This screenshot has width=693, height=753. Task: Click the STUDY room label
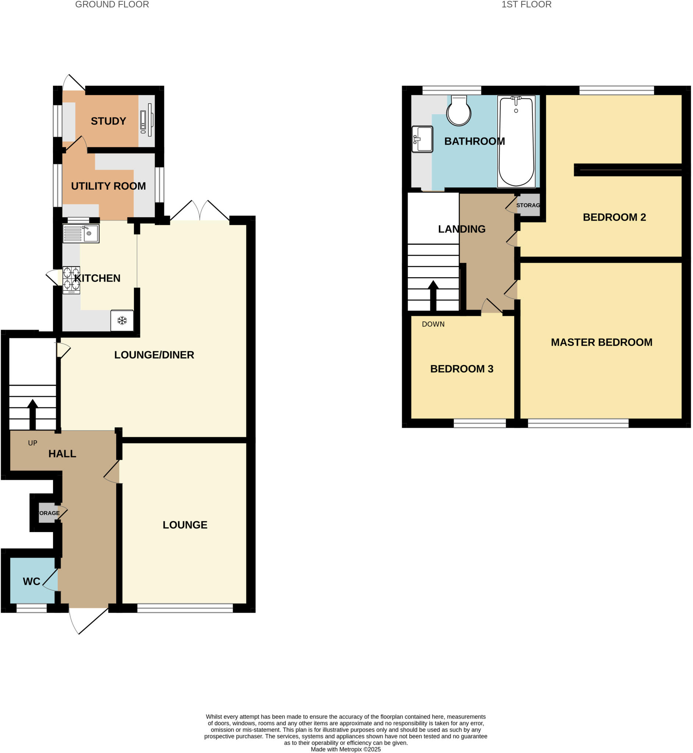(x=109, y=121)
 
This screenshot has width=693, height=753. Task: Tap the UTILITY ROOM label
(x=109, y=186)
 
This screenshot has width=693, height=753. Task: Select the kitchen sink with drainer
(x=81, y=233)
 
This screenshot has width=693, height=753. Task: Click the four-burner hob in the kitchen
(x=71, y=279)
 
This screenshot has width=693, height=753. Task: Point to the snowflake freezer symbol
(x=122, y=321)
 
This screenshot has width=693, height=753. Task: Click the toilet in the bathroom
(x=459, y=111)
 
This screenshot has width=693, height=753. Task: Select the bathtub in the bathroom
(x=516, y=141)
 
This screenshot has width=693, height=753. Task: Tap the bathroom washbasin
(x=422, y=139)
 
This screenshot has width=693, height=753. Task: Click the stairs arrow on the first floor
(x=433, y=295)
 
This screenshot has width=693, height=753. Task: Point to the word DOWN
(x=433, y=324)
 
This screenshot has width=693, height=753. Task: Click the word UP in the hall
(x=33, y=443)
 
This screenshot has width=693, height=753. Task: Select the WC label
(x=32, y=581)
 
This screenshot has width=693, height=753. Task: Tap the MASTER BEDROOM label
(x=601, y=342)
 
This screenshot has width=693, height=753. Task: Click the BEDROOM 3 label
(x=462, y=369)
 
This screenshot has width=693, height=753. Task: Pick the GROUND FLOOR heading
(x=112, y=4)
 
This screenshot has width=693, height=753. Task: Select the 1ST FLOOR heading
(x=526, y=4)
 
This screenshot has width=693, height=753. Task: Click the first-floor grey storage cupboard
(x=528, y=205)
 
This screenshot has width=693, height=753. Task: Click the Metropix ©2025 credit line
(x=345, y=749)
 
